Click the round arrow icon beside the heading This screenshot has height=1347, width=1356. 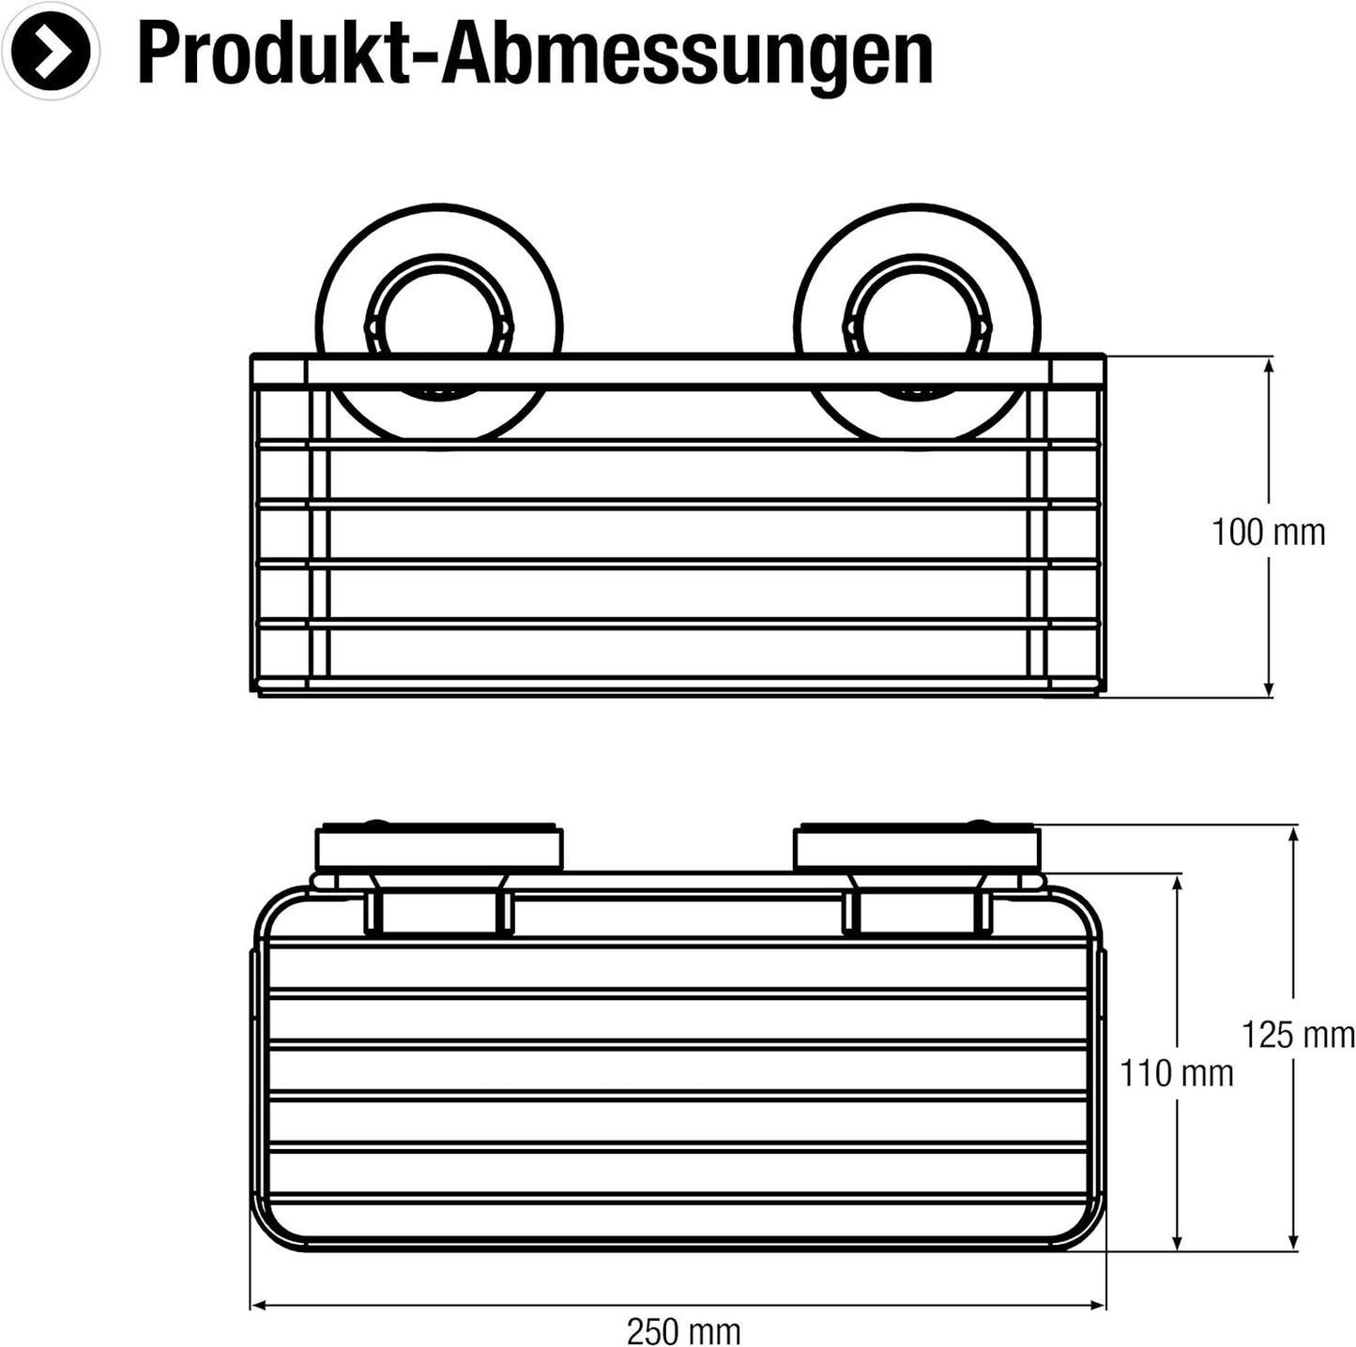click(x=50, y=50)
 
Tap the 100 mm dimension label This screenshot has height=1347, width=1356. click(x=1268, y=533)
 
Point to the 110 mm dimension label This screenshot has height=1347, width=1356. click(x=1177, y=1074)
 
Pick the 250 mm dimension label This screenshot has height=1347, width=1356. click(x=683, y=1313)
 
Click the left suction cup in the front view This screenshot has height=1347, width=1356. click(x=439, y=327)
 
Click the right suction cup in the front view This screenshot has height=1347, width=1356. click(x=917, y=327)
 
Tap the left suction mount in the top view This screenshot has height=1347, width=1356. click(x=439, y=848)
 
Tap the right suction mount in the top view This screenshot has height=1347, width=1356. click(x=917, y=848)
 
